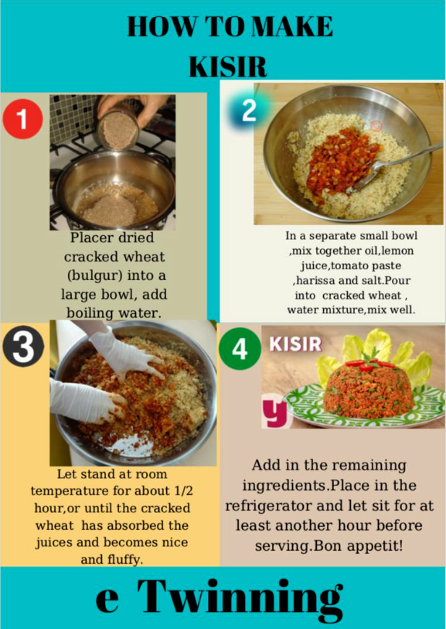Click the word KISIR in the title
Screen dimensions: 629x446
tap(229, 65)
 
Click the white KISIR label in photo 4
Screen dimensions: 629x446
tap(294, 344)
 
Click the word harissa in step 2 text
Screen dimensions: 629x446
tap(318, 282)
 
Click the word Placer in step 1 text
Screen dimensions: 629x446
tap(92, 238)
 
